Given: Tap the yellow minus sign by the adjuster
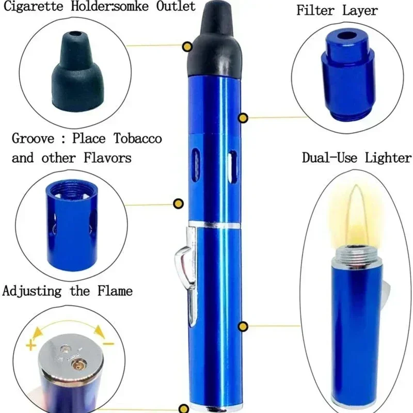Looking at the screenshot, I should pos(109,343).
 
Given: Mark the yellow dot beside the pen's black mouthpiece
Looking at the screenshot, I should pos(187,47).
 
